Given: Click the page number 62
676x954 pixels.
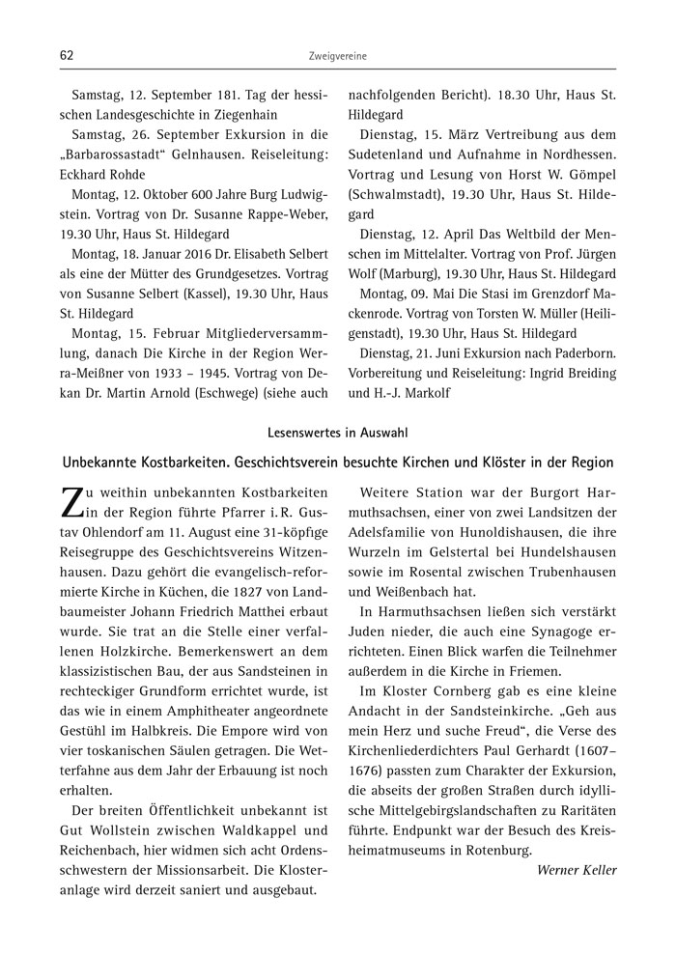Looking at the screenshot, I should click(x=67, y=56).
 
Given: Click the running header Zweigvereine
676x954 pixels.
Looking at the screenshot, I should click(x=337, y=57).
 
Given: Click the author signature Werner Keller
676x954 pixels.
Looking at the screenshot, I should click(x=576, y=870).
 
